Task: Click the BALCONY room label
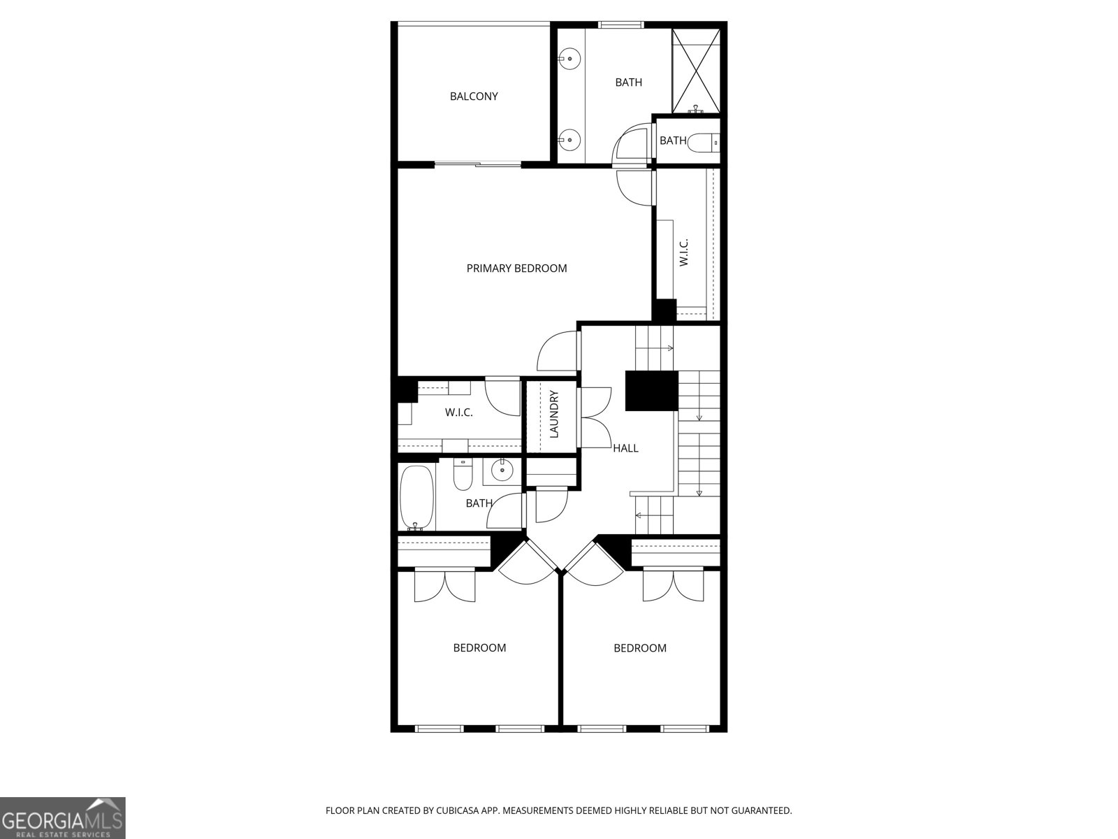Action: point(473,96)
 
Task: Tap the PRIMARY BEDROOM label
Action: point(516,268)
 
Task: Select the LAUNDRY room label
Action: point(554,414)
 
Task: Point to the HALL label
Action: point(625,448)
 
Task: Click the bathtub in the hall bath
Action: point(416,498)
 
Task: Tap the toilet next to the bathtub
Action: point(463,474)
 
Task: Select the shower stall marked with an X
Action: point(696,71)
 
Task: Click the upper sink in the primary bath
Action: point(570,59)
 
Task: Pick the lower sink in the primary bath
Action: point(570,138)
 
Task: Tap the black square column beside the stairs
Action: point(651,391)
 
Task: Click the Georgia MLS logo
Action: point(63,818)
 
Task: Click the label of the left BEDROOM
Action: point(479,648)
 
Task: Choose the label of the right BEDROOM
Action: point(640,648)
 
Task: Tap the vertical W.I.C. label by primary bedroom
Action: point(684,252)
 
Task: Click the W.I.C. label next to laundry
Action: point(458,413)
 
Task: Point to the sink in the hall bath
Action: point(502,470)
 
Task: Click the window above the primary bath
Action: point(621,24)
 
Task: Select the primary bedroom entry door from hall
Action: point(558,351)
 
